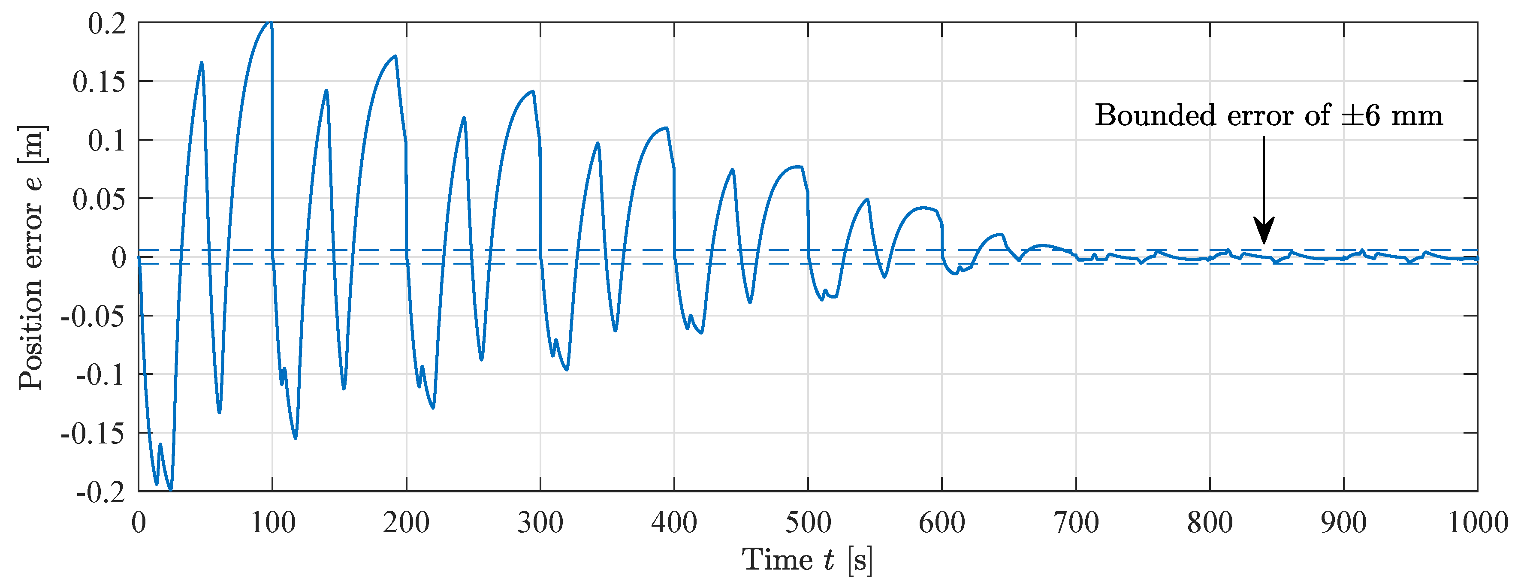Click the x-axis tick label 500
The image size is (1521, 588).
click(x=808, y=523)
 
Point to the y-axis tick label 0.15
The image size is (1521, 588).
click(x=99, y=81)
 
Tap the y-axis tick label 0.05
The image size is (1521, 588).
click(x=99, y=199)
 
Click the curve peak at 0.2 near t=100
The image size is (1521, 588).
click(x=270, y=23)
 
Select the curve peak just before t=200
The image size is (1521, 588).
click(x=395, y=57)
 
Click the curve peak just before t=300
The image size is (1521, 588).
click(x=533, y=91)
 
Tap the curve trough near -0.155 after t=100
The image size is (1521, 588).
click(x=295, y=437)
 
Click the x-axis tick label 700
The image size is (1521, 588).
click(x=1076, y=523)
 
